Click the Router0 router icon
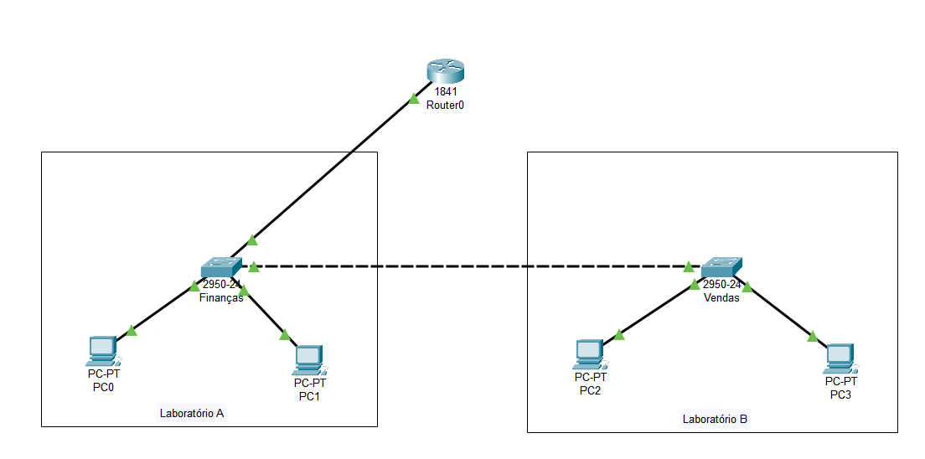[x=445, y=72]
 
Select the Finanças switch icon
[x=220, y=267]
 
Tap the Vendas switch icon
[x=721, y=267]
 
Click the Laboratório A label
[x=192, y=413]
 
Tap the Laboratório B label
[x=715, y=419]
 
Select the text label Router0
[x=445, y=105]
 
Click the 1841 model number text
[x=445, y=91]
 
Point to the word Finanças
[x=220, y=297]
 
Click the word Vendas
[x=721, y=297]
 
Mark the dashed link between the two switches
[x=469, y=267]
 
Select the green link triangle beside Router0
[x=413, y=99]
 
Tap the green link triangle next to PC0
[x=132, y=330]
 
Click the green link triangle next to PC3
[x=811, y=337]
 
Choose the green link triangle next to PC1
[x=285, y=335]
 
